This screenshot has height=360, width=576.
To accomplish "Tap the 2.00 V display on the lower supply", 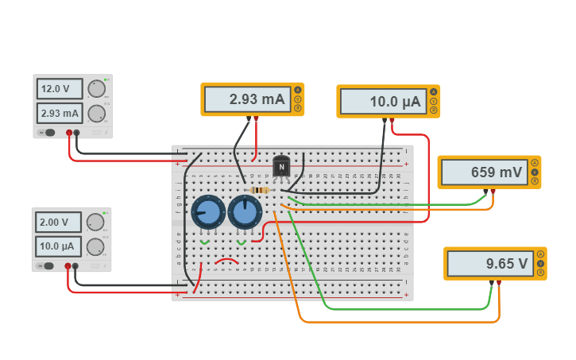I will [59, 223].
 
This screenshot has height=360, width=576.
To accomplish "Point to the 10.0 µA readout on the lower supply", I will [59, 246].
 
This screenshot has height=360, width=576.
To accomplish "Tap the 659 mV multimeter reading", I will [484, 172].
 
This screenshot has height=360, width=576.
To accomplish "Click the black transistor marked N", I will [281, 168].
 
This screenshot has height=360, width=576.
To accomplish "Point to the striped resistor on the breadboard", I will [260, 191].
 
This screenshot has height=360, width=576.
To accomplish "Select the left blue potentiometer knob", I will [207, 212].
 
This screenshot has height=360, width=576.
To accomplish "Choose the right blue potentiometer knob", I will [244, 212].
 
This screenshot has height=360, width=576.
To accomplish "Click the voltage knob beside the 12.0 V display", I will [97, 88].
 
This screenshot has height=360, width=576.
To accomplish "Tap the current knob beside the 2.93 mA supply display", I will [97, 113].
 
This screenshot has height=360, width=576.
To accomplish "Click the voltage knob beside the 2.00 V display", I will [95, 222].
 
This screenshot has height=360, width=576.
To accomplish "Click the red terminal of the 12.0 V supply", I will [69, 133].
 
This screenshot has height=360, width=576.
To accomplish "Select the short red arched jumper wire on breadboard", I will [227, 260].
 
